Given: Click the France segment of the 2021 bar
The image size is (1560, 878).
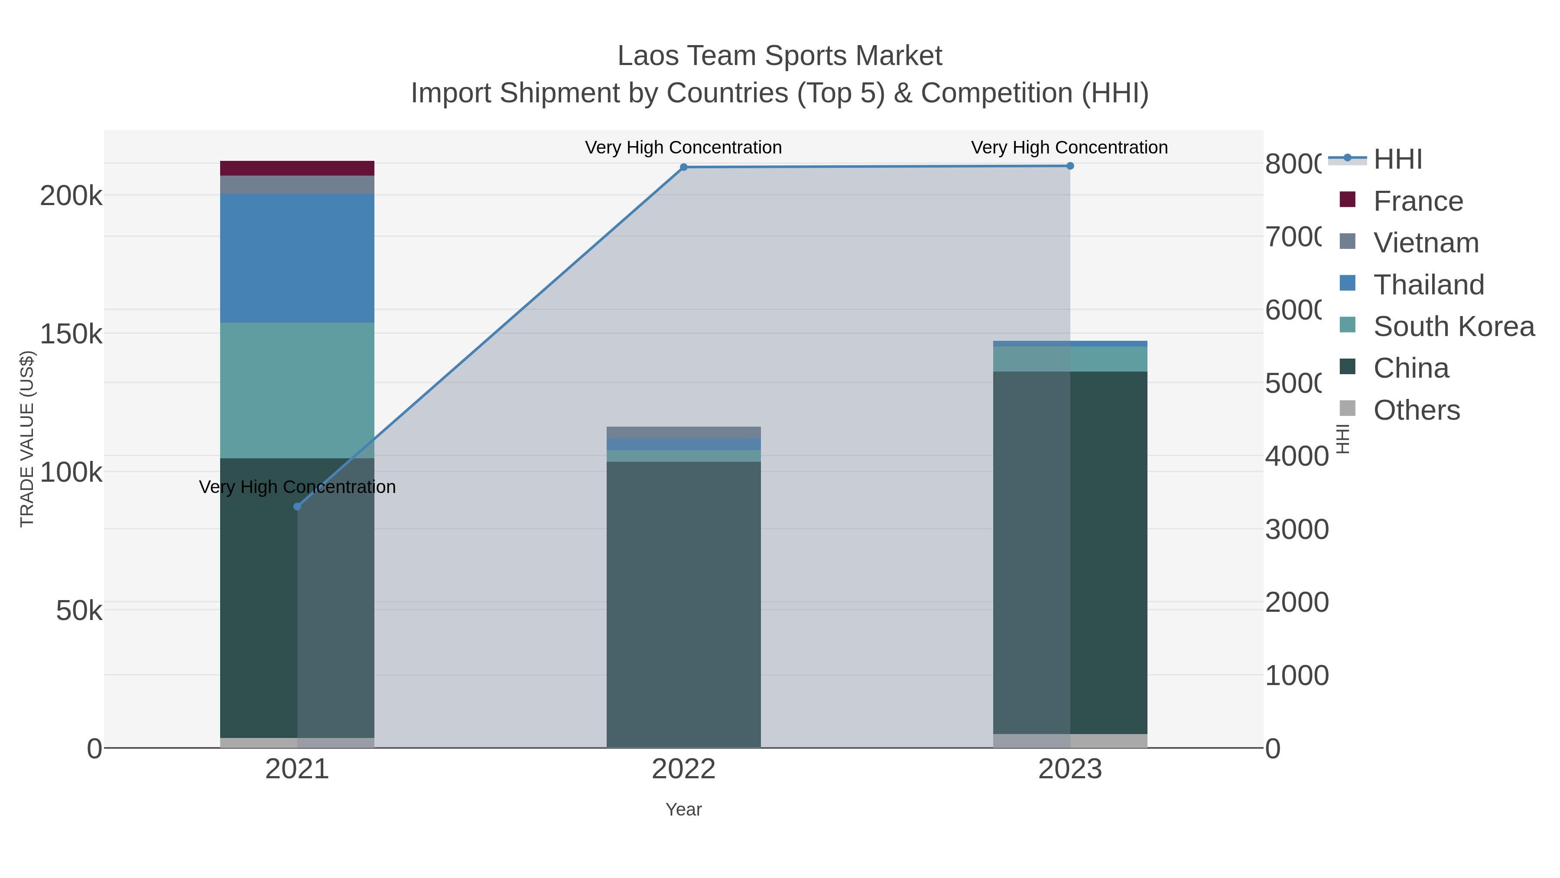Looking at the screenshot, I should tap(297, 168).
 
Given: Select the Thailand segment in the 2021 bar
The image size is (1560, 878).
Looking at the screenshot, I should tap(297, 258).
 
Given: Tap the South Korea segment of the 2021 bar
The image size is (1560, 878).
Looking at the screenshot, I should tap(297, 390).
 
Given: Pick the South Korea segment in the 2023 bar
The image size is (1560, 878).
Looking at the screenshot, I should tap(1070, 359).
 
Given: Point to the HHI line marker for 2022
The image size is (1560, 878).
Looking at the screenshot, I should tap(684, 167).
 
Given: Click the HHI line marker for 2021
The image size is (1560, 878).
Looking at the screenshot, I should tap(297, 506).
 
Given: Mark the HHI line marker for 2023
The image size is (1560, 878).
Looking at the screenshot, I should tap(1070, 166).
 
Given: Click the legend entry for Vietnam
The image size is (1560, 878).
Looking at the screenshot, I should tap(1426, 243).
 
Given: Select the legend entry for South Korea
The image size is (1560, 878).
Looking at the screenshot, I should tap(1453, 326).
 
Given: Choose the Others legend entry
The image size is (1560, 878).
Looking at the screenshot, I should tap(1416, 410).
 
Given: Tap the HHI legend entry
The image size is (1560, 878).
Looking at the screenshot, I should tap(1397, 160).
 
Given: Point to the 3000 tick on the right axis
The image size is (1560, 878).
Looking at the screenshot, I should tap(1297, 529).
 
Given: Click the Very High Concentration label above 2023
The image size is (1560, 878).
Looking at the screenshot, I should tap(1069, 147).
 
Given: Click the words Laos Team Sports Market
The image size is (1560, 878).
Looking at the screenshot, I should tap(780, 56).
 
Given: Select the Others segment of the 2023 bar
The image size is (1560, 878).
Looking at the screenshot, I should tap(1070, 741).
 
